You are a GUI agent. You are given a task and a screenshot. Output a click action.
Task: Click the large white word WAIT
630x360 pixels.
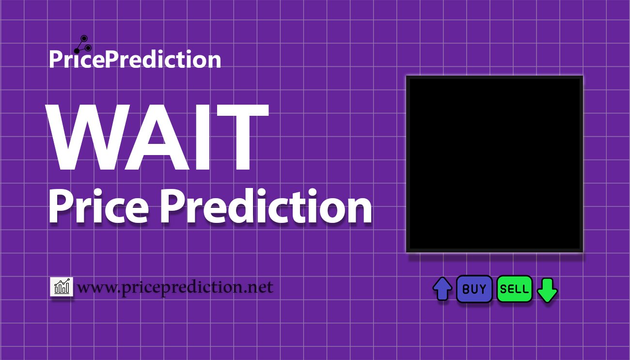157,137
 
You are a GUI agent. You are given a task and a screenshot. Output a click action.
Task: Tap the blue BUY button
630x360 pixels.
474,289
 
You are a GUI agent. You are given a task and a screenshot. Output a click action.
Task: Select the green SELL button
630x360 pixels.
514,289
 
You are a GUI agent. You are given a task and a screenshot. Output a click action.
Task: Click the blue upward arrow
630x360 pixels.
442,289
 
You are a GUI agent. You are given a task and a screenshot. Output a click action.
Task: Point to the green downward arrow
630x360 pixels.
547,290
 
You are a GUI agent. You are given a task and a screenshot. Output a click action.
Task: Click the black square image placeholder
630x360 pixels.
494,164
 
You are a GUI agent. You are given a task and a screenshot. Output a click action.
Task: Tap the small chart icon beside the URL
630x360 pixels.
62,286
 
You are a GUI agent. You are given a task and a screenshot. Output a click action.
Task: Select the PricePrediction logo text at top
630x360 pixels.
135,59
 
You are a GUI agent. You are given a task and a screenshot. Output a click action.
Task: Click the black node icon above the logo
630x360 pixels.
83,45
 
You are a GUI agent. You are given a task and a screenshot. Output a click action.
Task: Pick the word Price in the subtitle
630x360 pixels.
99,206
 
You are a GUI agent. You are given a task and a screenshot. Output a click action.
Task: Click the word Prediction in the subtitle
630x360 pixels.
266,206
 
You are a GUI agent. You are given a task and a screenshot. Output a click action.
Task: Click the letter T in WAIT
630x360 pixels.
242,137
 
